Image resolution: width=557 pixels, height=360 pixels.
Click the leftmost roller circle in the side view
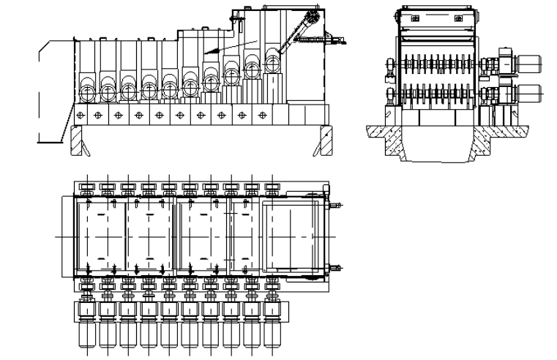(x=87, y=93)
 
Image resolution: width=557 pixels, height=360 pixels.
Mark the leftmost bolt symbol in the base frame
(x=81, y=116)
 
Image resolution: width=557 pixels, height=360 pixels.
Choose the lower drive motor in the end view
(x=529, y=94)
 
